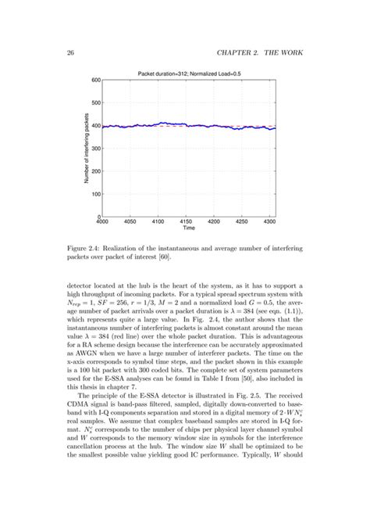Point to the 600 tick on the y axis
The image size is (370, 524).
coord(96,80)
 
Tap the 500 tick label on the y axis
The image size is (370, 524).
coord(96,102)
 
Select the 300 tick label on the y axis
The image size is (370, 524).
coord(96,149)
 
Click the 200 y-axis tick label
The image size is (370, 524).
coord(96,171)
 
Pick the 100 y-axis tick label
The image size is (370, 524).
coord(96,194)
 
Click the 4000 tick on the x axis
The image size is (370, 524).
coord(108,223)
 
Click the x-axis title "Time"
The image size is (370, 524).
coord(189,230)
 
